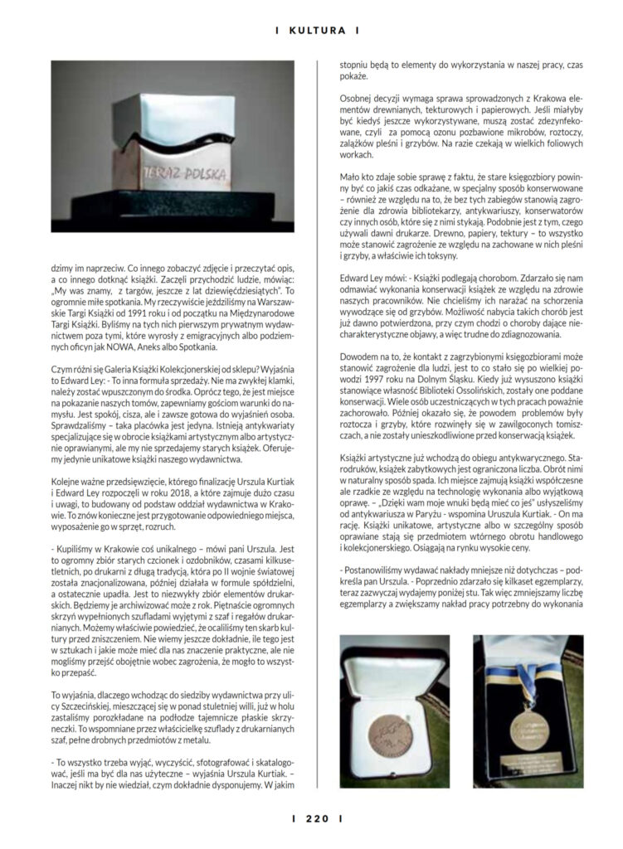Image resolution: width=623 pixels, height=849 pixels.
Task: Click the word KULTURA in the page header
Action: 311,31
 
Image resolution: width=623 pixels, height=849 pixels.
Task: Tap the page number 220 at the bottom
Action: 311,820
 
